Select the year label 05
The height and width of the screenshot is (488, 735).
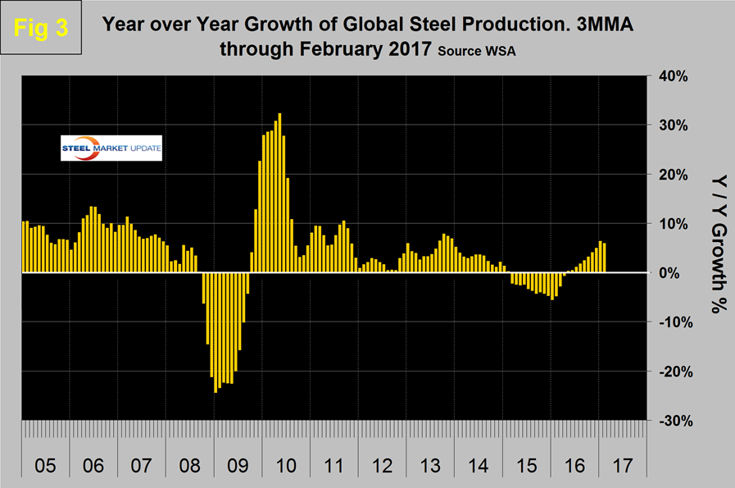tap(45, 467)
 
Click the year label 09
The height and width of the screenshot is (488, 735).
tap(237, 467)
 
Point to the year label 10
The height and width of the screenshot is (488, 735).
tap(285, 467)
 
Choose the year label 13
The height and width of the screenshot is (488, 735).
tap(429, 467)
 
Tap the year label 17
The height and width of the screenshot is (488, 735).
tap(620, 467)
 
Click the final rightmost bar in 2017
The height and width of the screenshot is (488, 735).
tap(605, 258)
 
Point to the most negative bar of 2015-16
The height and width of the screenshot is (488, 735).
tap(552, 286)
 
